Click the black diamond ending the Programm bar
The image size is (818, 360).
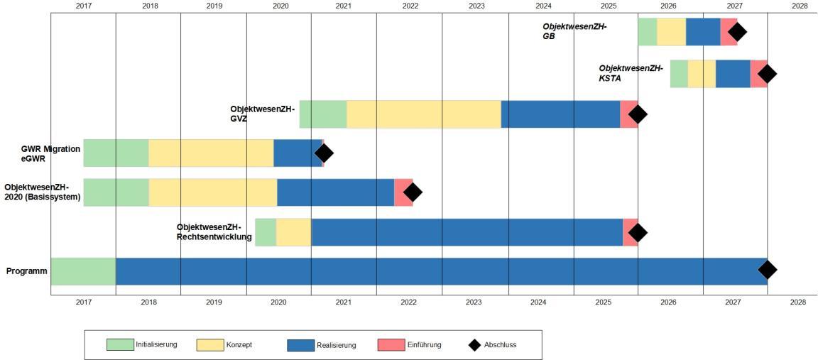click(767, 270)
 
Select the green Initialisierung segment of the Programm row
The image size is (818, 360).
click(83, 271)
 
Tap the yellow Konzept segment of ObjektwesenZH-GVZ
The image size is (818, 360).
click(423, 114)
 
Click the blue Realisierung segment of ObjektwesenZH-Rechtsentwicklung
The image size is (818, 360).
click(467, 232)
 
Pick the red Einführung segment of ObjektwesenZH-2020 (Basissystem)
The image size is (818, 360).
click(403, 192)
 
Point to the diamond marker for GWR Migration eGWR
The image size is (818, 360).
click(324, 153)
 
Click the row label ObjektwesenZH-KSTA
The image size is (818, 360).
click(631, 73)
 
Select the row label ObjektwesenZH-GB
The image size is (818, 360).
click(574, 31)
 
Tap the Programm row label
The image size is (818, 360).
click(26, 271)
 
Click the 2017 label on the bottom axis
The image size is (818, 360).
click(83, 302)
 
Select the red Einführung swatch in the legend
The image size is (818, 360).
click(391, 345)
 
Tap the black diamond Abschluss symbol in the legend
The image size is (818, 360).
click(474, 345)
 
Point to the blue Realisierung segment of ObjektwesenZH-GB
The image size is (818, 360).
click(702, 32)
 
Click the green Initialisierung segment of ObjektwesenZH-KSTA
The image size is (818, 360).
click(679, 74)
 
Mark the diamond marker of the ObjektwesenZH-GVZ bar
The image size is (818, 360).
click(638, 114)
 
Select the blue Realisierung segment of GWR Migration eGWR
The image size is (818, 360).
click(298, 153)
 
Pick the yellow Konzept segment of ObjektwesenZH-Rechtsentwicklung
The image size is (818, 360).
click(293, 232)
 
